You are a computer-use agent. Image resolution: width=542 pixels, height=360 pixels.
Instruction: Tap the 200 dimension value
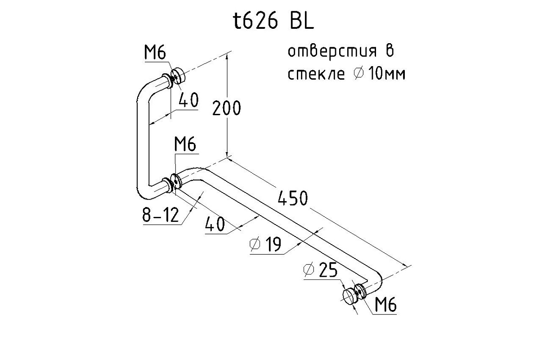(x=227, y=108)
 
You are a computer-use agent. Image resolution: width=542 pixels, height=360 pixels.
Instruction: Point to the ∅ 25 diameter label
(x=321, y=270)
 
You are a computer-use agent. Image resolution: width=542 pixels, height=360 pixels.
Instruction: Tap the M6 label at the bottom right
(x=385, y=306)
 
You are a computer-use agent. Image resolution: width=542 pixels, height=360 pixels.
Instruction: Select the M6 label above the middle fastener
(x=185, y=145)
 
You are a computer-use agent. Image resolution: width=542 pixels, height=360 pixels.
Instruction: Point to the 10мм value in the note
(x=386, y=74)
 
